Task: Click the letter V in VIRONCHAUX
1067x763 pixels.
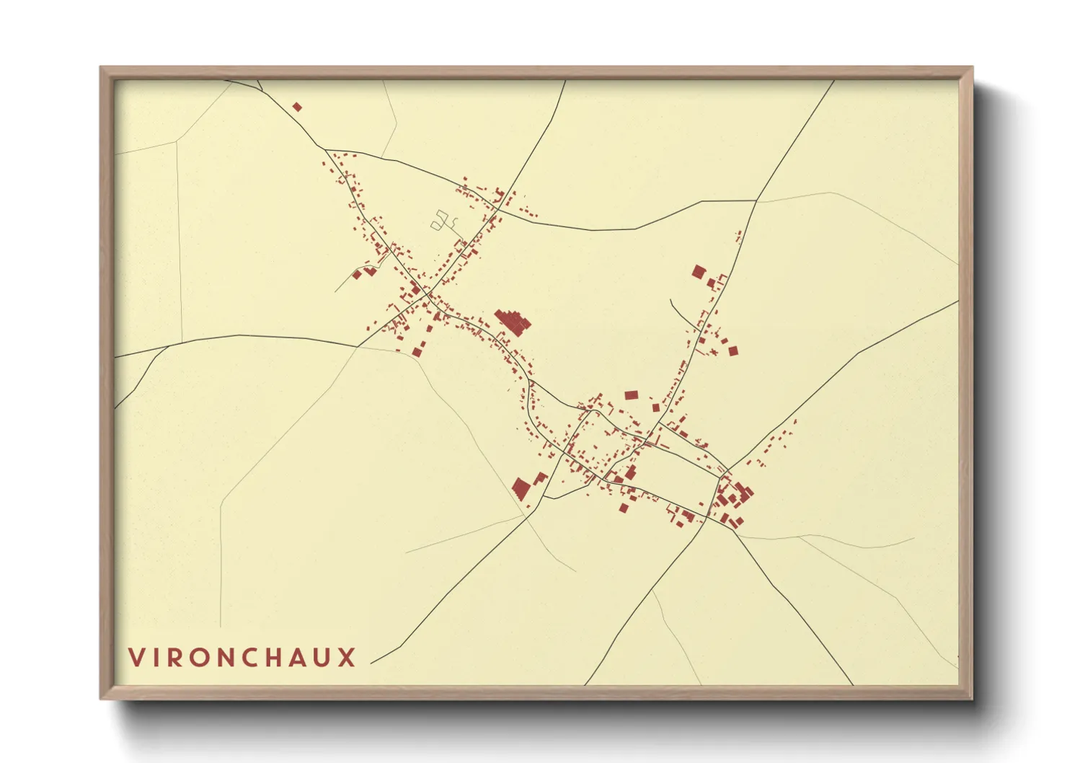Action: (136, 657)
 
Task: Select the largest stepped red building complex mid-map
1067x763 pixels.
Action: (513, 321)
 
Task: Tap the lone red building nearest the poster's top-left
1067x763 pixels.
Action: (297, 107)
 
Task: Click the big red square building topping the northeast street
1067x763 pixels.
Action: (698, 272)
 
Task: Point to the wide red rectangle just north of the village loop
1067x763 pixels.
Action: (631, 395)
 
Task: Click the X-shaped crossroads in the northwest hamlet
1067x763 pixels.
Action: (426, 292)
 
